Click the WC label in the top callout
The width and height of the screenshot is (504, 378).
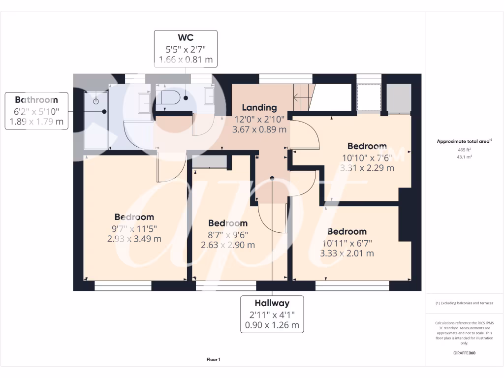pyautogui.click(x=186, y=38)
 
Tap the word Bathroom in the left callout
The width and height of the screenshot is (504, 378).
pyautogui.click(x=36, y=100)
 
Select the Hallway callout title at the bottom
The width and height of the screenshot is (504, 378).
pyautogui.click(x=272, y=303)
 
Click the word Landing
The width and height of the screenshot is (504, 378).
pyautogui.click(x=259, y=107)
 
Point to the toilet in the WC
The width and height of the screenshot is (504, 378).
pyautogui.click(x=170, y=98)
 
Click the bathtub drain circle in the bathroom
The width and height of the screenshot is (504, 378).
pyautogui.click(x=96, y=101)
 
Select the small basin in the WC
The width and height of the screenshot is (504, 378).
pyautogui.click(x=209, y=97)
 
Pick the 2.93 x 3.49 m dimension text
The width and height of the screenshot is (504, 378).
pyautogui.click(x=134, y=239)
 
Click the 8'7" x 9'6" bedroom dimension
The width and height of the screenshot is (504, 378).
pyautogui.click(x=228, y=235)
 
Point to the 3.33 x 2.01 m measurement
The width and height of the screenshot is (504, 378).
pyautogui.click(x=347, y=253)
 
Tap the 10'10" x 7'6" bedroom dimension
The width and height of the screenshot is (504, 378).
pyautogui.click(x=367, y=158)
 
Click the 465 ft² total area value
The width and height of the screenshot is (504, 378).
pyautogui.click(x=464, y=149)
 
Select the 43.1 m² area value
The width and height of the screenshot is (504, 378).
pyautogui.click(x=464, y=157)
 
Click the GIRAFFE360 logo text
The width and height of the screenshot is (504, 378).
pyautogui.click(x=464, y=353)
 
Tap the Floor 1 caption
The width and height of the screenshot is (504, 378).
pyautogui.click(x=213, y=360)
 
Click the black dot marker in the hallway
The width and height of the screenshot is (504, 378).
pyautogui.click(x=272, y=178)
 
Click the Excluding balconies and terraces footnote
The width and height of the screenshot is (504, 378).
pyautogui.click(x=464, y=303)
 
